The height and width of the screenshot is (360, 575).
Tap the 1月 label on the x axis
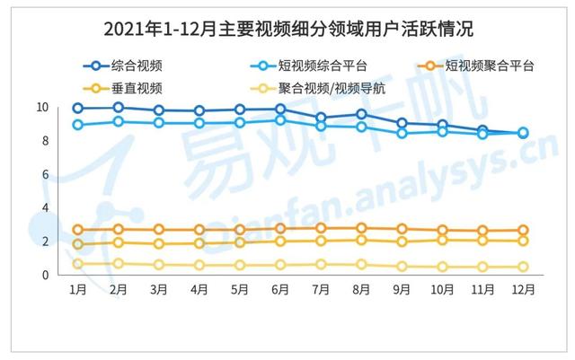[78, 290]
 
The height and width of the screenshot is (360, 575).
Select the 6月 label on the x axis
[280, 290]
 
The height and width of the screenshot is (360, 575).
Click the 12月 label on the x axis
[523, 290]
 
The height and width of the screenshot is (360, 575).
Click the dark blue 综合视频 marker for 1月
[78, 109]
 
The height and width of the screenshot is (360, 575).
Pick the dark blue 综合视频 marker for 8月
[361, 114]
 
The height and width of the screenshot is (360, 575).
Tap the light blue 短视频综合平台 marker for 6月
[280, 119]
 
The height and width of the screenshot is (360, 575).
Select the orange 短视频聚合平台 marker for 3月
[159, 230]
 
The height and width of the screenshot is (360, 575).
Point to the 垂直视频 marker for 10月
[442, 240]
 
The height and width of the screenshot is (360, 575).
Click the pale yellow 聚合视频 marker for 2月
[119, 264]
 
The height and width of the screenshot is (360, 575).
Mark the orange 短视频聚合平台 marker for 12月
[523, 231]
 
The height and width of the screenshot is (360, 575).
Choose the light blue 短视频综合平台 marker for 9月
[402, 133]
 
